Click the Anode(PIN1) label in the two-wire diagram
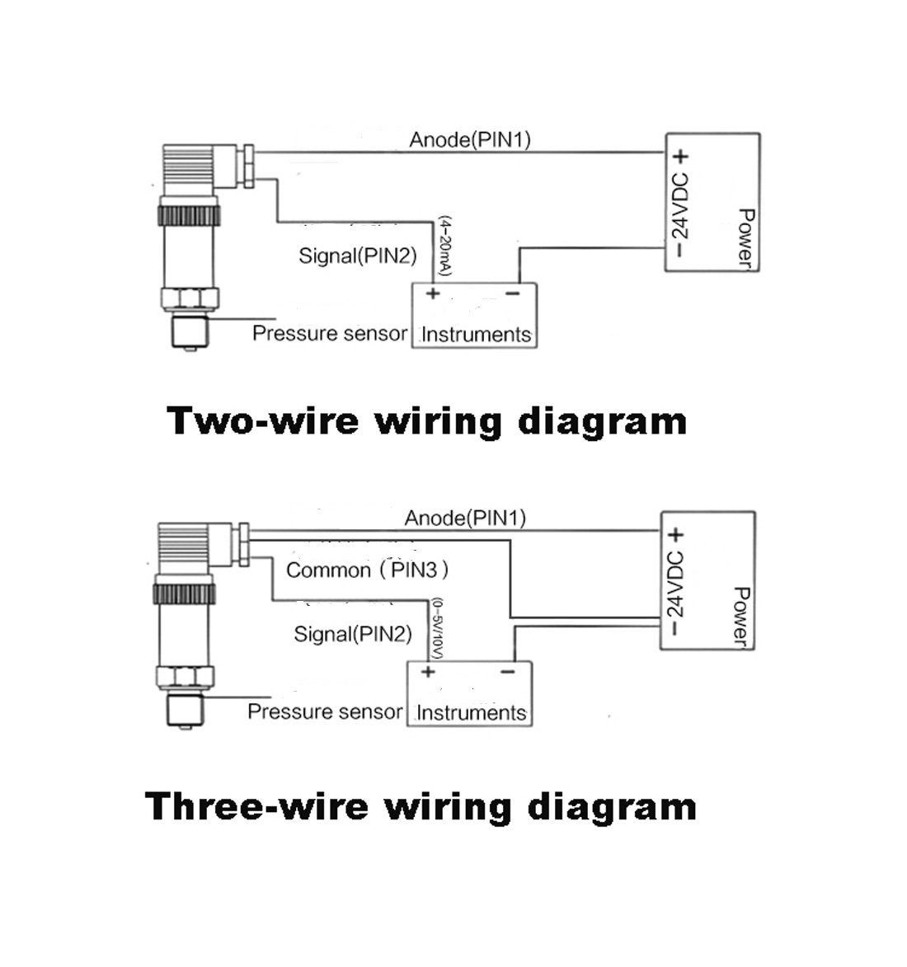coord(469,140)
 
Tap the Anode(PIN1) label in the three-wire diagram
coord(464,518)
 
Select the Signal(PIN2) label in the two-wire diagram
coord(358,256)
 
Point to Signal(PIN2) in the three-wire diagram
coord(353,634)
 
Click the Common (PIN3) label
coord(367,570)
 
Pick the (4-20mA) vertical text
coord(445,246)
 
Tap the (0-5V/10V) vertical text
coord(437,628)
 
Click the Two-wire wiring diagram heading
coord(427,422)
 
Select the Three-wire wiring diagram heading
coord(421,806)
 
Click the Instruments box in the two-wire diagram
coord(474,315)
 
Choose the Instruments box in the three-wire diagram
coord(469,694)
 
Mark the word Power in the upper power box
coord(746,239)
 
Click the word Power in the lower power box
coord(741,617)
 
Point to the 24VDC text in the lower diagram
coord(675,584)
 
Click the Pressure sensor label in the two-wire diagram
coord(330,334)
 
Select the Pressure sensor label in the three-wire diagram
coord(325,711)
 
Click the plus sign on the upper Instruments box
coord(433,293)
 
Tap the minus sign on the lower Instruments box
coord(508,672)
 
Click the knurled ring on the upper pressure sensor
coord(189,216)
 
